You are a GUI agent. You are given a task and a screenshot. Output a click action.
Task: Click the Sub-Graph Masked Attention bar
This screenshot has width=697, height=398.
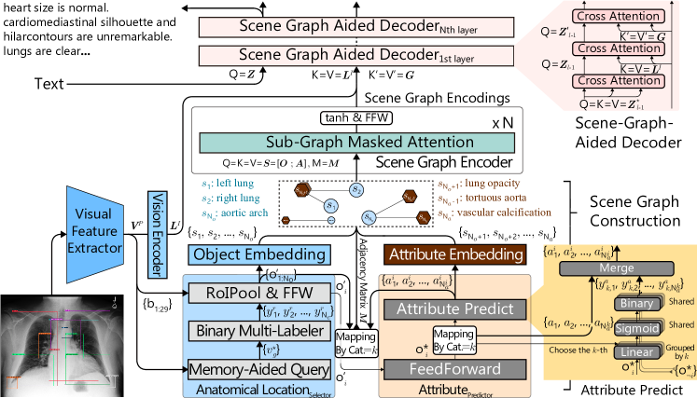355,144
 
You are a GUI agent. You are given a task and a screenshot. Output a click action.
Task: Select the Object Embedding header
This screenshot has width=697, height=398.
258,254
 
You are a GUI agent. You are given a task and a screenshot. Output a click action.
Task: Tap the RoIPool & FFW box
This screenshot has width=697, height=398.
258,294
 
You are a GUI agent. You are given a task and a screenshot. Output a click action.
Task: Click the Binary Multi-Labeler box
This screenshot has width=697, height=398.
258,331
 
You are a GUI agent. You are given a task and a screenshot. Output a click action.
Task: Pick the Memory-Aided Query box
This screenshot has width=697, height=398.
258,368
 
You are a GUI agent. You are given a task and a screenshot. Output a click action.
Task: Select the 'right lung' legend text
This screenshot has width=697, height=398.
230,199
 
